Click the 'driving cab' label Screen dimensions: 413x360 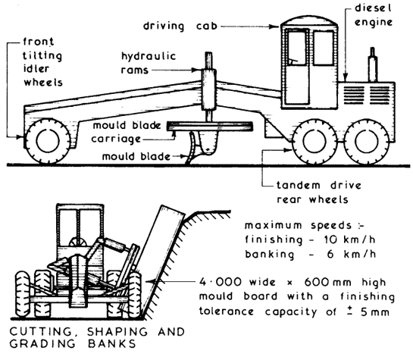(180, 27)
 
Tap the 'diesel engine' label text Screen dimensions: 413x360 (374, 15)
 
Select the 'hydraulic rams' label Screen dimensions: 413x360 (149, 63)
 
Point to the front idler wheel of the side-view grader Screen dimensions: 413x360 (48, 141)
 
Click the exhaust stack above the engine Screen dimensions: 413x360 (372, 64)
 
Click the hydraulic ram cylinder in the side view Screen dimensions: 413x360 (209, 89)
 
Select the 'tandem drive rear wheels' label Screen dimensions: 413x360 (319, 193)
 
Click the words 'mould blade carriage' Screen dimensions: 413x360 (126, 132)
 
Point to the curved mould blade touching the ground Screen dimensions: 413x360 (192, 149)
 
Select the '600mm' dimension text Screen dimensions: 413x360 (327, 282)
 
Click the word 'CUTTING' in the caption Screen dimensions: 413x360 (41, 331)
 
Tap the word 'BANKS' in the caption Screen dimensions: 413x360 (111, 343)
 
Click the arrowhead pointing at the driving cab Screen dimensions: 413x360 (275, 27)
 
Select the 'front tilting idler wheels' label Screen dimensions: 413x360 (42, 62)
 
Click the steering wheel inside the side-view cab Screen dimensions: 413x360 (292, 61)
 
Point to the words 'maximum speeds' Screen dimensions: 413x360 (298, 225)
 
